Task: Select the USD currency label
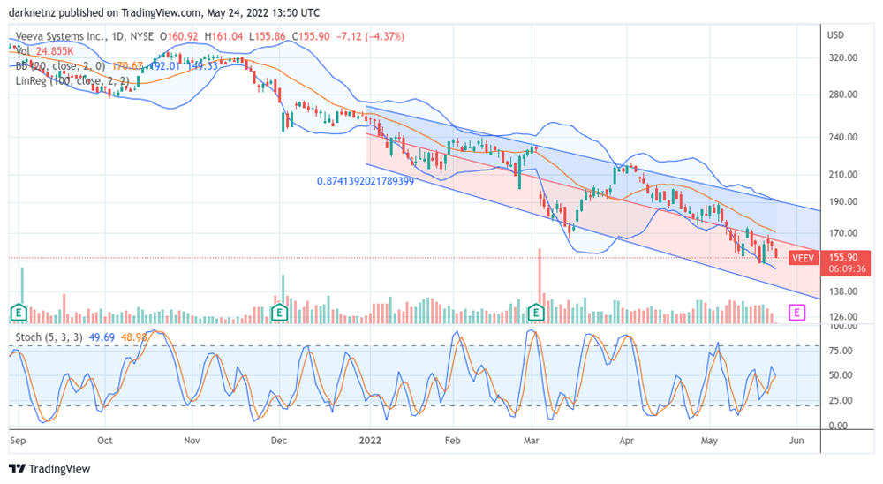[835, 34]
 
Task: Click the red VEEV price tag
[802, 258]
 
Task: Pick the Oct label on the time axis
[105, 438]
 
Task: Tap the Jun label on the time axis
[796, 438]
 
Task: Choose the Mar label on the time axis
[532, 438]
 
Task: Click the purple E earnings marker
[797, 312]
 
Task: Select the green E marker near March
[535, 312]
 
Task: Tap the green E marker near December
[280, 312]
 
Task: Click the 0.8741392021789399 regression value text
[366, 181]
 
